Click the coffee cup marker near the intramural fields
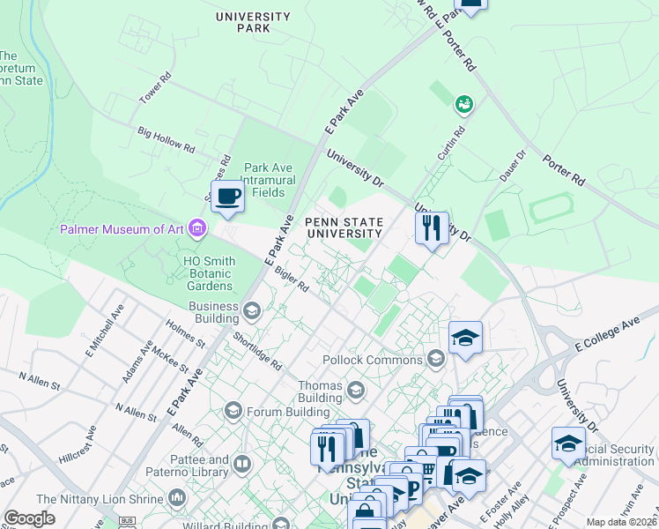[227, 196]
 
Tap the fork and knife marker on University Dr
[431, 229]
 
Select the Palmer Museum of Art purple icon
[196, 229]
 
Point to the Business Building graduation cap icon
[252, 309]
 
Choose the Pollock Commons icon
[434, 358]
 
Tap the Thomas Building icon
[355, 390]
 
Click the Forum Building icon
[233, 409]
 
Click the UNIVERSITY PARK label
[253, 22]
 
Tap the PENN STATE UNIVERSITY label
[344, 227]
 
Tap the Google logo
[29, 518]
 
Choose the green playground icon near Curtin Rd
[463, 105]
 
